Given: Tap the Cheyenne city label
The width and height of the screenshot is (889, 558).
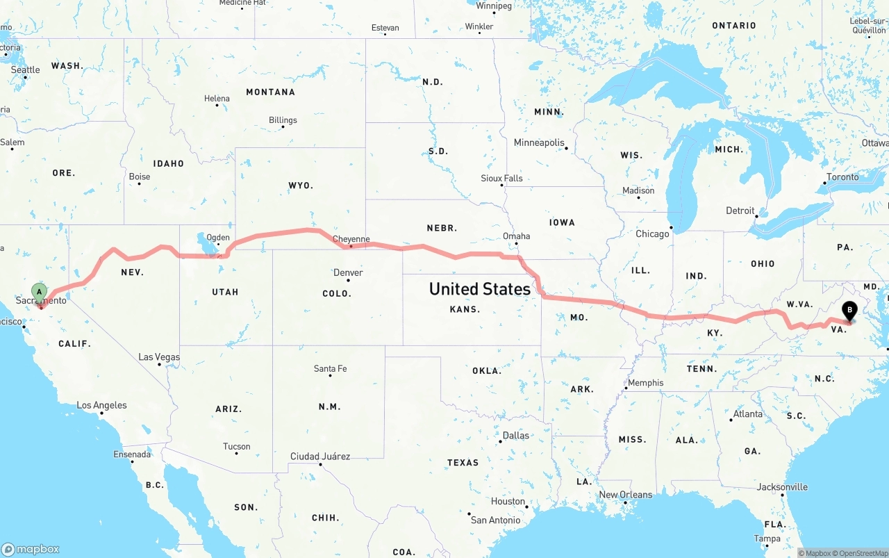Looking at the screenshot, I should (351, 239).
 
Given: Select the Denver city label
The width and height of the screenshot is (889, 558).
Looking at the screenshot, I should (348, 272).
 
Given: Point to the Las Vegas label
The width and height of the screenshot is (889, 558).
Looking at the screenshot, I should (159, 357).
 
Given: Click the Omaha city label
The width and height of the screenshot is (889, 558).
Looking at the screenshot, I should (516, 236).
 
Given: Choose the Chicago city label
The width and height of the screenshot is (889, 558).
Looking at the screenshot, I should (652, 234).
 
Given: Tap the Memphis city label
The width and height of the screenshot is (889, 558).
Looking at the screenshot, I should (645, 383).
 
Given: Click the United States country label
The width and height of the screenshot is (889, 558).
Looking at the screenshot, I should (480, 288).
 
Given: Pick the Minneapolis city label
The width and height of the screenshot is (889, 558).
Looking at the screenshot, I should (539, 142).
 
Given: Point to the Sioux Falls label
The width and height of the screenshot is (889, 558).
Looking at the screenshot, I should (501, 179).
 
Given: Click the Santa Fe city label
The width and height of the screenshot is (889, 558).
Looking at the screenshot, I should (330, 368).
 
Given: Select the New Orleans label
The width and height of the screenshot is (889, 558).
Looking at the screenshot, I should (625, 495).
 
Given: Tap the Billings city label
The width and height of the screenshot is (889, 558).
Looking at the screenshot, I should (283, 120).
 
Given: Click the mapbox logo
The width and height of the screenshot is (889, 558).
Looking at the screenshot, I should (31, 549).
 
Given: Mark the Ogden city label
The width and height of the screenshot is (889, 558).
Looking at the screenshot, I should (218, 237).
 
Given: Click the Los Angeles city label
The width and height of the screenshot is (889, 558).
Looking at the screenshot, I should (101, 405).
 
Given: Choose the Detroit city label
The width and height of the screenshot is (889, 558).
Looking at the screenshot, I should (740, 211).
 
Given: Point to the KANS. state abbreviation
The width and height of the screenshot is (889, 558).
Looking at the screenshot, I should (465, 309).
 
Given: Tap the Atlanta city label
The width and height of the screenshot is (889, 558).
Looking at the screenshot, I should (748, 414).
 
